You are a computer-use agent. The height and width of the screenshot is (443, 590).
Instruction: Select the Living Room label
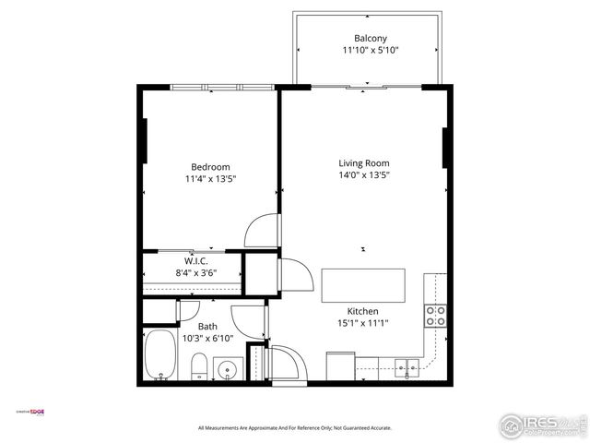[x=364, y=162]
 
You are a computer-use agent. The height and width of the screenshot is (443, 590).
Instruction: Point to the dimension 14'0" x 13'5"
[x=364, y=174]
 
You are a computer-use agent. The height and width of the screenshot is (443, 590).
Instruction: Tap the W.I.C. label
[x=195, y=261]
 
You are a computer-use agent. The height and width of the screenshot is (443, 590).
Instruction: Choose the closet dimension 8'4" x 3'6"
[x=195, y=273]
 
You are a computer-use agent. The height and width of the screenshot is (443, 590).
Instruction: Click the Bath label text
[x=207, y=327]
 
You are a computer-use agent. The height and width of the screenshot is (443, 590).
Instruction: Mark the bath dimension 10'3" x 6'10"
[x=207, y=339]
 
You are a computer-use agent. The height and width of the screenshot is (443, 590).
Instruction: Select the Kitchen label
[x=363, y=311]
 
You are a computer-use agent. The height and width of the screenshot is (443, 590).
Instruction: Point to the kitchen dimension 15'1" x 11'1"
[x=363, y=323]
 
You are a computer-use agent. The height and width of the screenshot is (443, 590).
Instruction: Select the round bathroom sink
[x=226, y=371]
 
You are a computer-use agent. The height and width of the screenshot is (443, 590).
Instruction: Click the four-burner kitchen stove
[x=435, y=316]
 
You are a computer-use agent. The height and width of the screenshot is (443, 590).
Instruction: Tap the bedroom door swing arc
[x=263, y=230]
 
